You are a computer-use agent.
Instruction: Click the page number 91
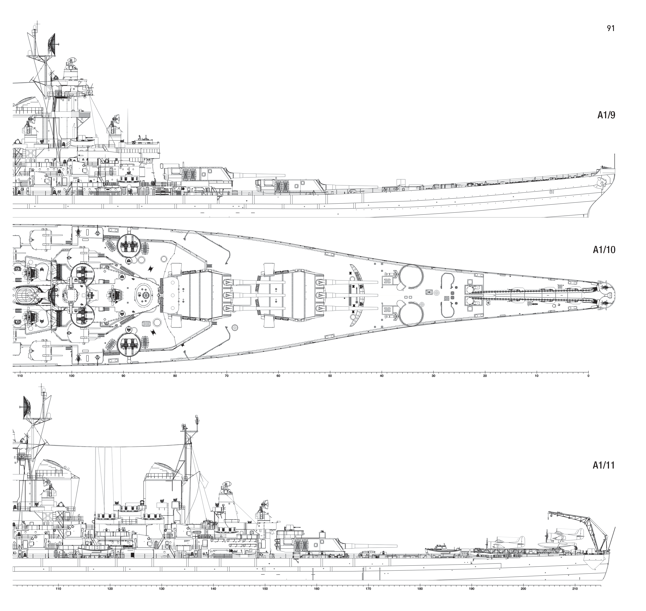(611, 28)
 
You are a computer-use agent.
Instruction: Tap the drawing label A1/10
(604, 250)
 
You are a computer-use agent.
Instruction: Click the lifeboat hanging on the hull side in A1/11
(94, 549)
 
